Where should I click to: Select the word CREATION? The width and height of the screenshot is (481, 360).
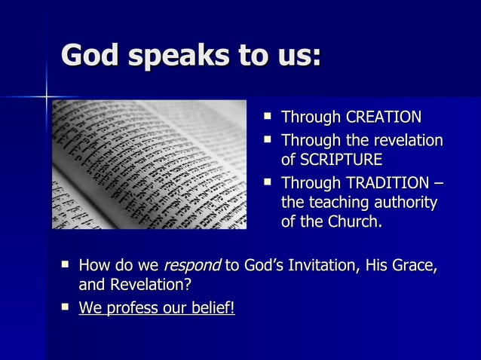[383, 117]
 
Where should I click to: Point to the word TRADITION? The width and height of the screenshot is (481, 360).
[389, 182]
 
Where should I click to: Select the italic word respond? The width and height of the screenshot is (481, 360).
[191, 265]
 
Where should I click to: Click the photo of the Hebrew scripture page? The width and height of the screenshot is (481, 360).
[149, 164]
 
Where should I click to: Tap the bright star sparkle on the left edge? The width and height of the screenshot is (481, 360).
[46, 96]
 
